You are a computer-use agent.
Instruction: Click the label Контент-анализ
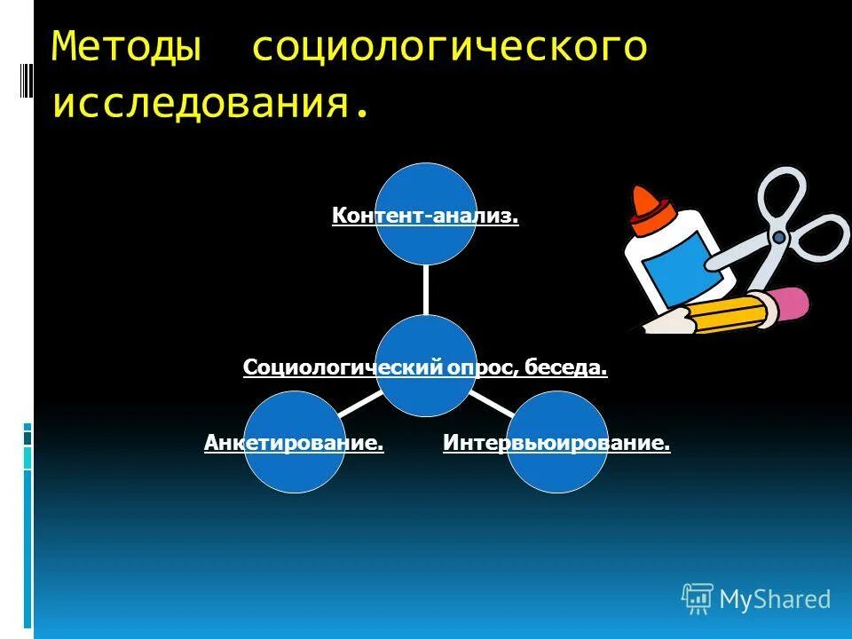pos(425,216)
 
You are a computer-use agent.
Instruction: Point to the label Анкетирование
pos(294,442)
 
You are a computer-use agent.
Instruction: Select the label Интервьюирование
pos(556,442)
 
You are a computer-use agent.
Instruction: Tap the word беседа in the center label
pos(565,367)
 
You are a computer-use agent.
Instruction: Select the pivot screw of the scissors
pos(778,237)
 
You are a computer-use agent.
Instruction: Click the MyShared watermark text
pos(775,600)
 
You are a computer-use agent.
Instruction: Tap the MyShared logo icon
pos(698,599)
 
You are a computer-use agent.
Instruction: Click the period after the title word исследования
pos(360,114)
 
